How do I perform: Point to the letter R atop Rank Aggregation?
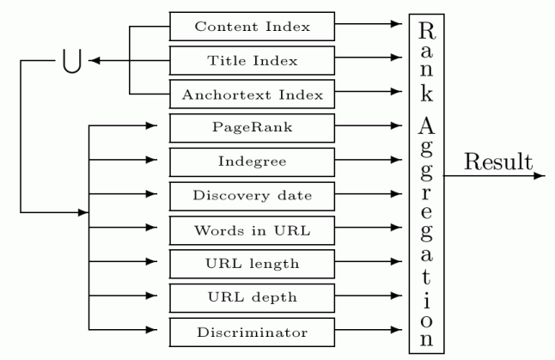[x=427, y=32]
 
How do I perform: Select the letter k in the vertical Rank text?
[x=427, y=95]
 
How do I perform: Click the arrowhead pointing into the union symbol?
[x=96, y=61]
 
